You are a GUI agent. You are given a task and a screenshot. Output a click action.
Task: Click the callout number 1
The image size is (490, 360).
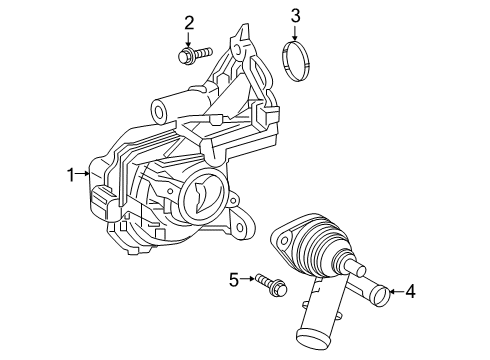[x=71, y=175]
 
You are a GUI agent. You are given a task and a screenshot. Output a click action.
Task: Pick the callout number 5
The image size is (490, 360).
[x=235, y=279]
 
